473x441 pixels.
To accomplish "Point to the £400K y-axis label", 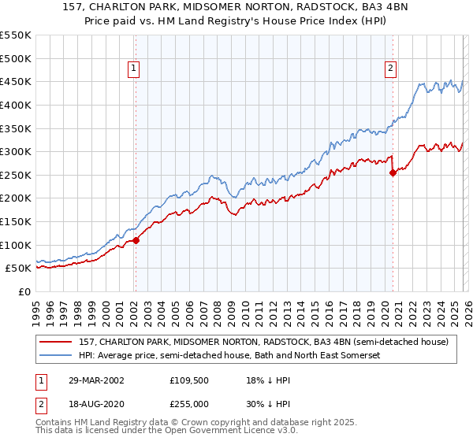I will click(16, 105).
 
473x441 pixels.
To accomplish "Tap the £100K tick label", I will click(16, 245).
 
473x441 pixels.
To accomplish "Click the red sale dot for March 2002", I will click(136, 240).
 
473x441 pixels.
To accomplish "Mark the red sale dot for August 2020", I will click(392, 173).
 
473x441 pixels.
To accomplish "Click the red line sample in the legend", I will click(56, 342).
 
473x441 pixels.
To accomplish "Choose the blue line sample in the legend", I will click(56, 356).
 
